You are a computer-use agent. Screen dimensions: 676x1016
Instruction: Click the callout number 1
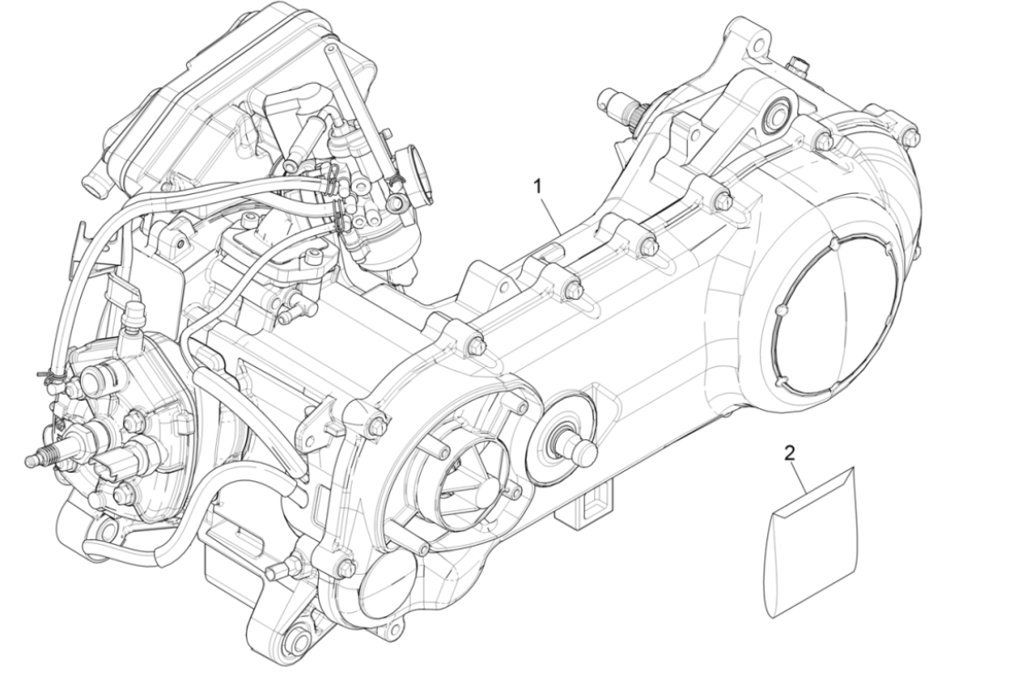[x=538, y=185]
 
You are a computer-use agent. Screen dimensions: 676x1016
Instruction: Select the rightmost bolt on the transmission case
[x=911, y=137]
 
